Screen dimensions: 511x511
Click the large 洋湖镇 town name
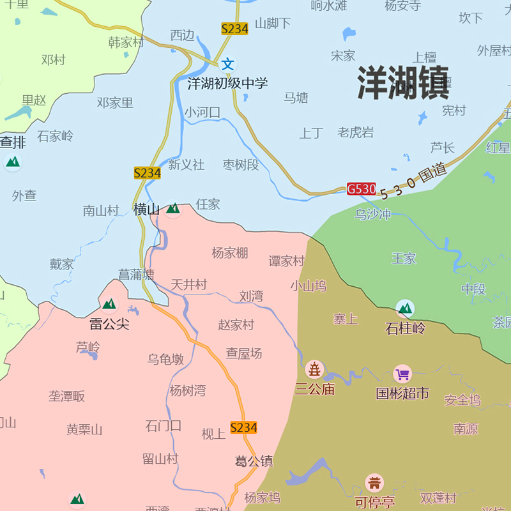click(403, 83)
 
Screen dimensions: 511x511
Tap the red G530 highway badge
click(362, 189)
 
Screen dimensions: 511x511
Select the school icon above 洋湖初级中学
click(228, 64)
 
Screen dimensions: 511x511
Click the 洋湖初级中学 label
click(227, 83)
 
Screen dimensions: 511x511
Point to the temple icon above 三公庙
click(314, 369)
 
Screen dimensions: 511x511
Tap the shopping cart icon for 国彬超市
click(402, 374)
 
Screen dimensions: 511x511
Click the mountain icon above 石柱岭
click(405, 309)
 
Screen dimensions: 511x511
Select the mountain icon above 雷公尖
click(109, 304)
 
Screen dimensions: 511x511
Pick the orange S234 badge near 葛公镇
click(243, 428)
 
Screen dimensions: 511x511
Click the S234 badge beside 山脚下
click(234, 29)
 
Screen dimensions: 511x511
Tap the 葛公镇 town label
click(254, 461)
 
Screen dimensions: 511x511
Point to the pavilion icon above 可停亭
click(374, 483)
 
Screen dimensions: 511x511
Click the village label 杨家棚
click(230, 253)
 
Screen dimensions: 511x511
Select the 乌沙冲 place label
click(372, 215)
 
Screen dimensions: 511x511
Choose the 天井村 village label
click(189, 285)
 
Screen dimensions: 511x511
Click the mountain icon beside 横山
click(173, 208)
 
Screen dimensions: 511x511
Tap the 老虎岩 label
click(356, 133)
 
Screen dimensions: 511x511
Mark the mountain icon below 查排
click(12, 162)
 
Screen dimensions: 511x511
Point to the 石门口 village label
click(164, 426)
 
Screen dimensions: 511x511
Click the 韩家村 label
click(126, 43)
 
